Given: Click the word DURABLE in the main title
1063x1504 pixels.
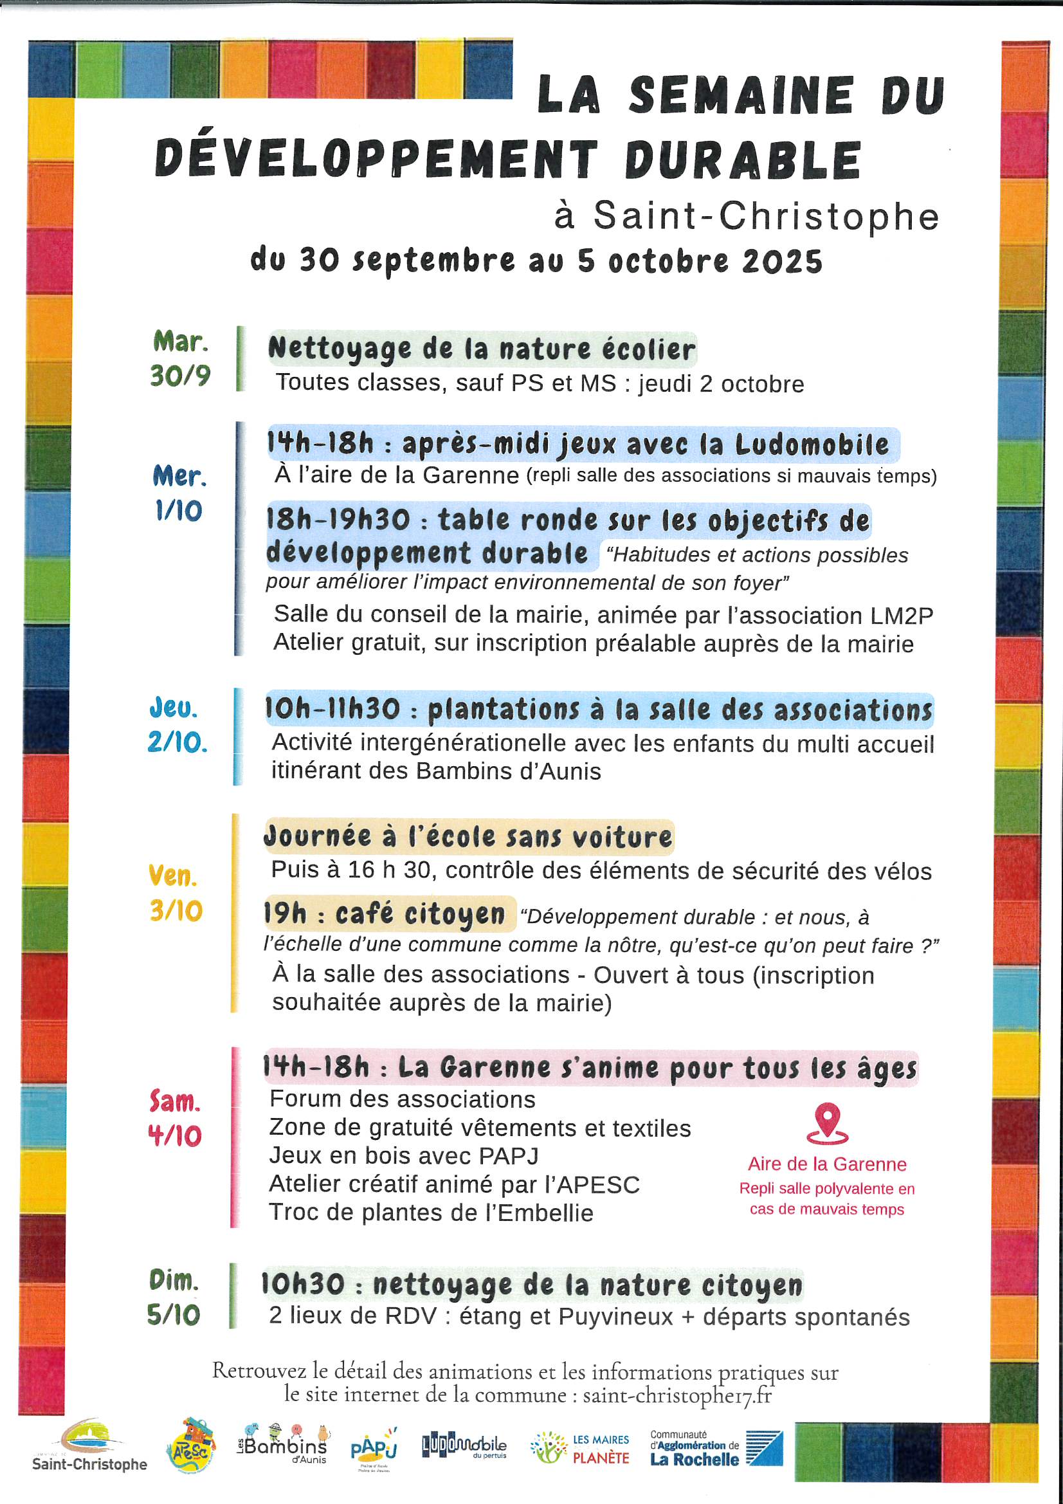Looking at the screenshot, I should click(x=743, y=160).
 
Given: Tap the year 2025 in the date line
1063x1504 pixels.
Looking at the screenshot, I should click(x=782, y=261).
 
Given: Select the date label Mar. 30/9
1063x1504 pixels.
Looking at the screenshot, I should click(x=180, y=359).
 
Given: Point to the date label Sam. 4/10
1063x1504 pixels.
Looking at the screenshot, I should click(x=175, y=1118).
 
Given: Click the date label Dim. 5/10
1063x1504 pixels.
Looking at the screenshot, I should click(x=174, y=1297).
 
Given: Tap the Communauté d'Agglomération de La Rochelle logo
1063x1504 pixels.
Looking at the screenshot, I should click(x=716, y=1447).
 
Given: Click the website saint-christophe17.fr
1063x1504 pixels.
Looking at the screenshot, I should click(x=677, y=1395).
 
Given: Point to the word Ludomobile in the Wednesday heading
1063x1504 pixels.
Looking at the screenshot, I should click(x=812, y=445).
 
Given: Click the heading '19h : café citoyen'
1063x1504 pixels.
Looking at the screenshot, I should click(x=385, y=914).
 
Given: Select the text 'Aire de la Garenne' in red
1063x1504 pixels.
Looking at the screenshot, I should click(x=827, y=1164).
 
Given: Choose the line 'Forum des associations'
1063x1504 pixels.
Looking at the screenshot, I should click(x=402, y=1099).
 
